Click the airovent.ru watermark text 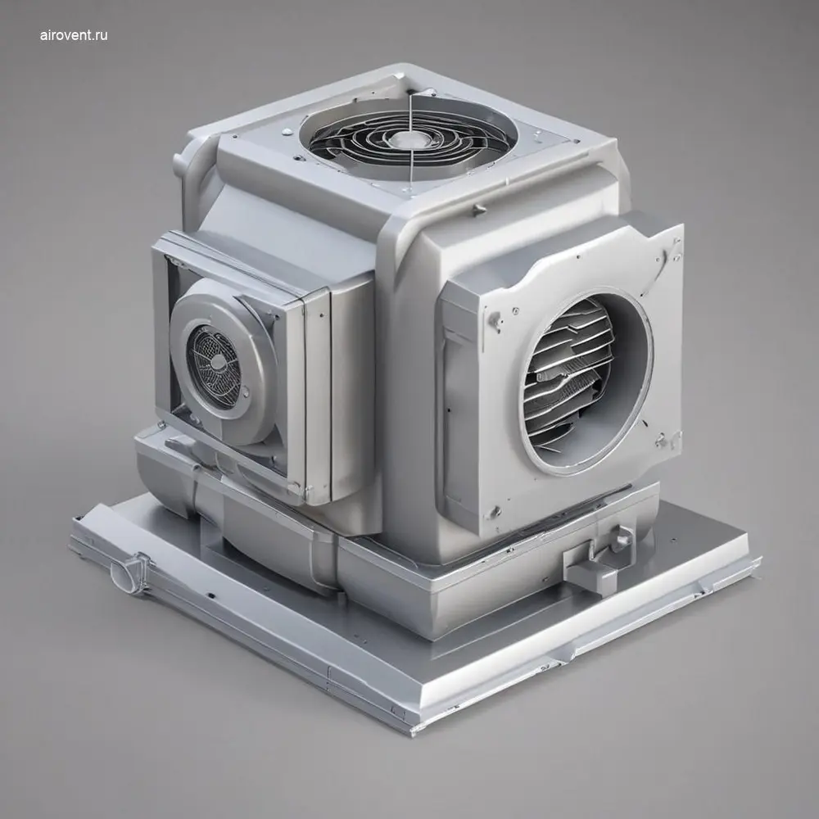pos(74,35)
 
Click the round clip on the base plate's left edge pos(129,572)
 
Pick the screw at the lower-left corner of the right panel pos(493,511)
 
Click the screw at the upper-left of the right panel pos(493,318)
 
